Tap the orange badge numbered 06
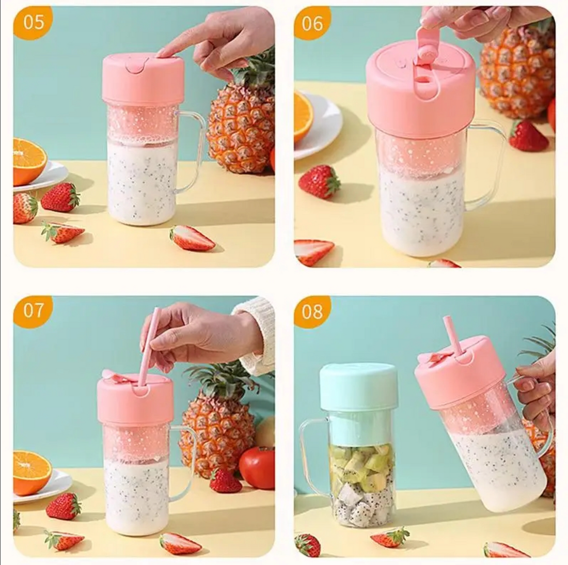pyautogui.click(x=311, y=23)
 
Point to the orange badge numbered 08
pyautogui.click(x=311, y=311)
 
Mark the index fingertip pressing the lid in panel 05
pyautogui.click(x=162, y=52)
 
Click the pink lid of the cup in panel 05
pyautogui.click(x=143, y=80)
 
